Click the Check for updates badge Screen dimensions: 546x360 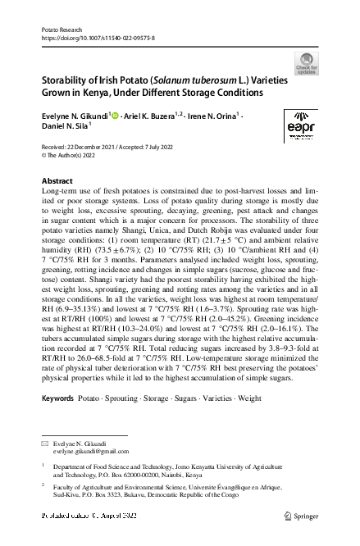point(306,65)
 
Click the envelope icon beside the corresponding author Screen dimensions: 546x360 point(45,444)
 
